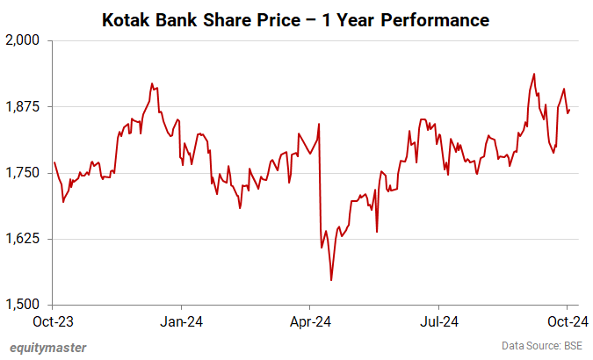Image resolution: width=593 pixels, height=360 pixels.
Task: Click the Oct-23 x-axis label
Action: pyautogui.click(x=54, y=321)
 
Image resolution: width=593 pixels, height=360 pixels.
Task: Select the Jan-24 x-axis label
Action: pyautogui.click(x=182, y=321)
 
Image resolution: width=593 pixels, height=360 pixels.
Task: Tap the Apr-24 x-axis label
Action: pyautogui.click(x=310, y=321)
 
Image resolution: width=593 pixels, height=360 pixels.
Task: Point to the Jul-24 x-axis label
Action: pyautogui.click(x=438, y=321)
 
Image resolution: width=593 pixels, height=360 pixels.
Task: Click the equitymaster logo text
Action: pyautogui.click(x=47, y=347)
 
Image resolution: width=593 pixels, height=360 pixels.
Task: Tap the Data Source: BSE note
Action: pyautogui.click(x=541, y=346)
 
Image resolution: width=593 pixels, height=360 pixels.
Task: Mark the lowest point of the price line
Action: pyautogui.click(x=331, y=280)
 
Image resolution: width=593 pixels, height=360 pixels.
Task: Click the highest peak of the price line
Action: pyautogui.click(x=535, y=73)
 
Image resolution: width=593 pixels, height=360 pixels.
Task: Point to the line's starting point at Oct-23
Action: pyautogui.click(x=54, y=162)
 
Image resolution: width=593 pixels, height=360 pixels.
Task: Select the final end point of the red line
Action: pyautogui.click(x=569, y=111)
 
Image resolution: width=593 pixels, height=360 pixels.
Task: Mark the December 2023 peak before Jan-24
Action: pyautogui.click(x=152, y=84)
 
